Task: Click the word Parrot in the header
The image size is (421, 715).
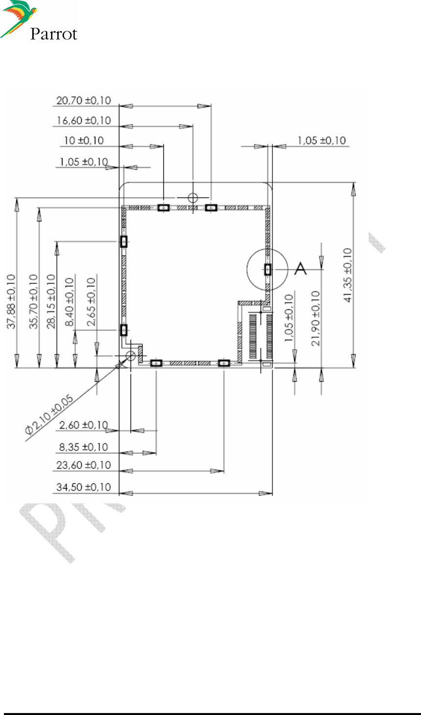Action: (53, 34)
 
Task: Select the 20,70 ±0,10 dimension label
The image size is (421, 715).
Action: (84, 100)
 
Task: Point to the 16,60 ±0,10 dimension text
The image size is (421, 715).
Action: (84, 120)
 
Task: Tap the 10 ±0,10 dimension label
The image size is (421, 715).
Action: (84, 141)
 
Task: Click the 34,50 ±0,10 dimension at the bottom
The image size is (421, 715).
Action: (84, 487)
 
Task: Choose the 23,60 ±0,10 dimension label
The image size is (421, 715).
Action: (84, 465)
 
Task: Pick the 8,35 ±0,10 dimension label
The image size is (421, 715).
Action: (84, 447)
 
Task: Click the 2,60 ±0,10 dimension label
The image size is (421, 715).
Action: (84, 425)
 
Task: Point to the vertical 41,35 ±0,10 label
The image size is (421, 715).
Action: (348, 275)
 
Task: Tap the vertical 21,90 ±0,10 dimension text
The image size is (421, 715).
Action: (316, 318)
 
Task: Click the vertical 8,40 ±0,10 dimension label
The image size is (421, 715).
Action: (70, 302)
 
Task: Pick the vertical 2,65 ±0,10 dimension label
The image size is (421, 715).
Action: (91, 302)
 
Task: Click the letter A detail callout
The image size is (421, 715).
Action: (300, 268)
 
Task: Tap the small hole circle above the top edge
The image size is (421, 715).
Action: (193, 197)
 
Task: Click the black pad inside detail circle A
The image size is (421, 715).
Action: (267, 269)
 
